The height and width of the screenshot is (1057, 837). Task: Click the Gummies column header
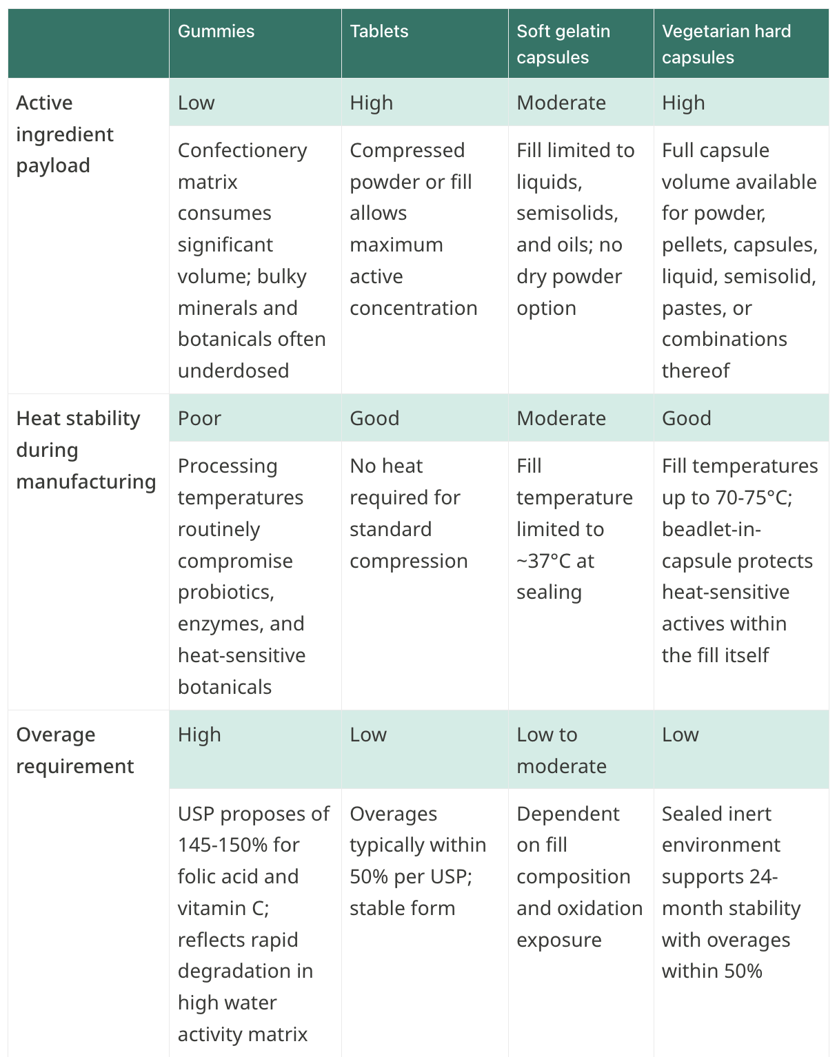coord(216,32)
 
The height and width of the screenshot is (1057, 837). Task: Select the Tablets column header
coord(379,32)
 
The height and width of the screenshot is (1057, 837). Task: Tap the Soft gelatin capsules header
coord(563,44)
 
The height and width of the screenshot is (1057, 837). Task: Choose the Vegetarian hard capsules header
coord(726,44)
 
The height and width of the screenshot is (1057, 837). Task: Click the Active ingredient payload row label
coord(65,134)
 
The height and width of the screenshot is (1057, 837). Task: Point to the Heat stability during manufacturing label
coord(86,450)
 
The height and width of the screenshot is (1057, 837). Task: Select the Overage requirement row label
coord(74,750)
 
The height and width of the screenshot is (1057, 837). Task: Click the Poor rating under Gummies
coord(199,418)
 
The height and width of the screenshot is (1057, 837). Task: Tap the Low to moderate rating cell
coord(561,750)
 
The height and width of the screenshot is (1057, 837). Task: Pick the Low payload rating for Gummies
coord(196,103)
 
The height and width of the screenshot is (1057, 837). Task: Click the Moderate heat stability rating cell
coord(561,418)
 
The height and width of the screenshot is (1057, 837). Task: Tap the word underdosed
coord(234,371)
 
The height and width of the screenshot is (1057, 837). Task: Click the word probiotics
coord(226,593)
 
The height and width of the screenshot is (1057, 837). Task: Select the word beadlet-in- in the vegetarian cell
coord(712,529)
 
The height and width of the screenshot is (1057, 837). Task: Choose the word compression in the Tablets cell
coord(408,561)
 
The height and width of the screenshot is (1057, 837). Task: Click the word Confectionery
coord(242,151)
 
